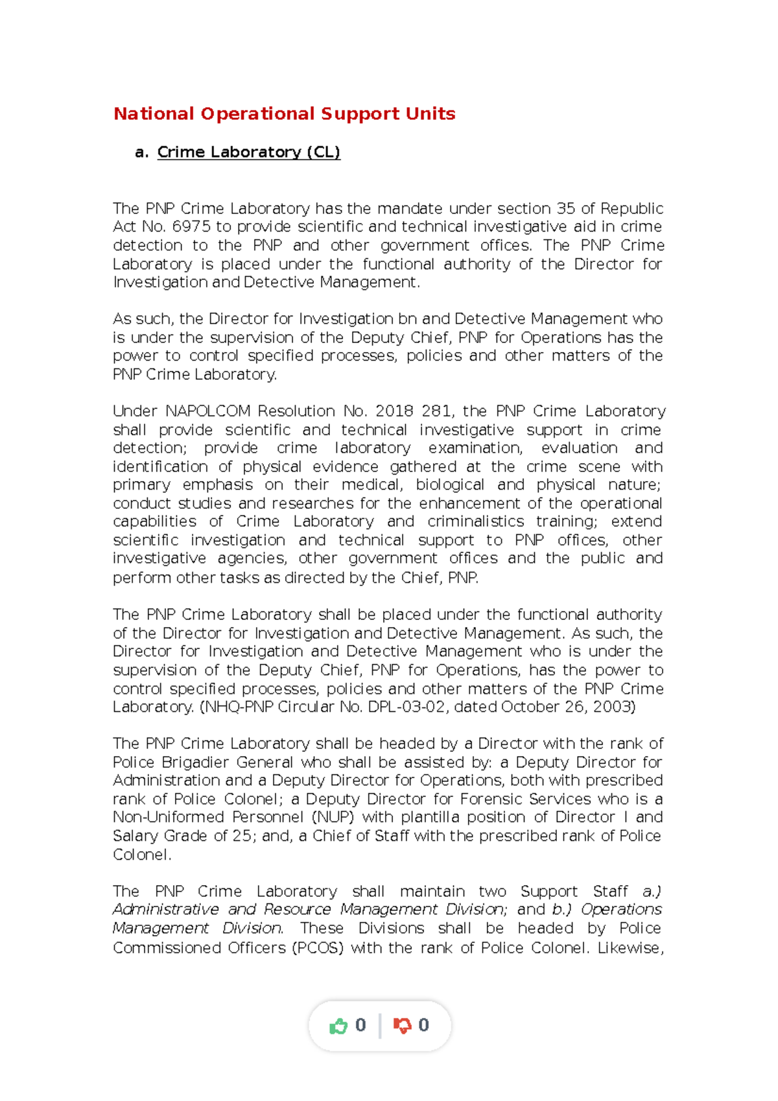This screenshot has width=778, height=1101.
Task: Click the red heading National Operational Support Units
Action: pos(284,114)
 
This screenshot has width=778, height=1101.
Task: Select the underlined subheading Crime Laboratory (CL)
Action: pos(248,152)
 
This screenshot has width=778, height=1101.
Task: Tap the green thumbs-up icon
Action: pos(338,1026)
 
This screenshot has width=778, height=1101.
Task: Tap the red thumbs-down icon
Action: pos(403,1026)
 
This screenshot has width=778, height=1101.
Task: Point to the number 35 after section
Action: pos(566,209)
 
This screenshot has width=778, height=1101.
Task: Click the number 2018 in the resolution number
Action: pos(394,411)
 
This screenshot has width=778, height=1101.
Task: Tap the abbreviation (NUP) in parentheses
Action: pos(333,818)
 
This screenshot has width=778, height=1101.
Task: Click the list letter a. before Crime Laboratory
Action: pos(141,152)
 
